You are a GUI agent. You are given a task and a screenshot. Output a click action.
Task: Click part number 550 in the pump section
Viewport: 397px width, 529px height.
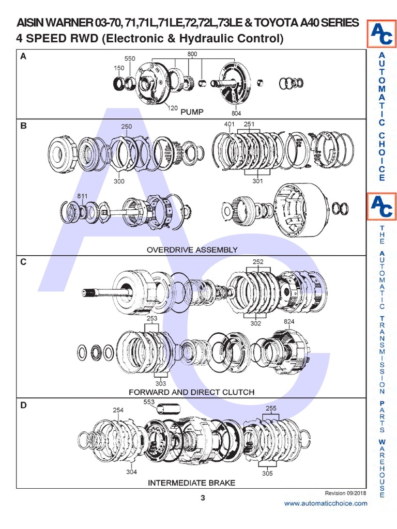[129, 59]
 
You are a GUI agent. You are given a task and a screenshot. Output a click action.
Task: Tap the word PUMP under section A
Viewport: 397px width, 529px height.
[192, 112]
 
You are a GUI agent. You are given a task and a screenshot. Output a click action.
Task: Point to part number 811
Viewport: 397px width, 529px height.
[82, 196]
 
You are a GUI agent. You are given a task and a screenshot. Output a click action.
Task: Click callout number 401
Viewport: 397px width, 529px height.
[230, 125]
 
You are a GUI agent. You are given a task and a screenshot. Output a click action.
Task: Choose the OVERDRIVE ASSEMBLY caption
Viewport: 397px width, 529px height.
[192, 250]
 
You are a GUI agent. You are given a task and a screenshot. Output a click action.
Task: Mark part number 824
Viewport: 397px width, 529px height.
[289, 322]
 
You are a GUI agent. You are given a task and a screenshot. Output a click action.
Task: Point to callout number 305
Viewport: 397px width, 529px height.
[267, 473]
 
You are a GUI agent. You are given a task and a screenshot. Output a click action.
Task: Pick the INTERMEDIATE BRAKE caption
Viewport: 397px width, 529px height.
[192, 483]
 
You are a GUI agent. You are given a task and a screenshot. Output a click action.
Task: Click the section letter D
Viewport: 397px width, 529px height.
[23, 406]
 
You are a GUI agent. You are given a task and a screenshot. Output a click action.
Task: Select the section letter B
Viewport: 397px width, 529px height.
[23, 125]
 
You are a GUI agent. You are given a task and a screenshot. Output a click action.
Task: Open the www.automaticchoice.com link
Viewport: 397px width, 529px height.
[326, 503]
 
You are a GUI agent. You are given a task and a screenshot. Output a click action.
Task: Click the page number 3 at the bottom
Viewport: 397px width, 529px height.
[203, 498]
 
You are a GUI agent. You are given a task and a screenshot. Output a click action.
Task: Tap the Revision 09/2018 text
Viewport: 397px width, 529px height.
[345, 493]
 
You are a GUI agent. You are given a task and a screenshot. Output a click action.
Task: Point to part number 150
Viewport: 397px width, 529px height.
[119, 68]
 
